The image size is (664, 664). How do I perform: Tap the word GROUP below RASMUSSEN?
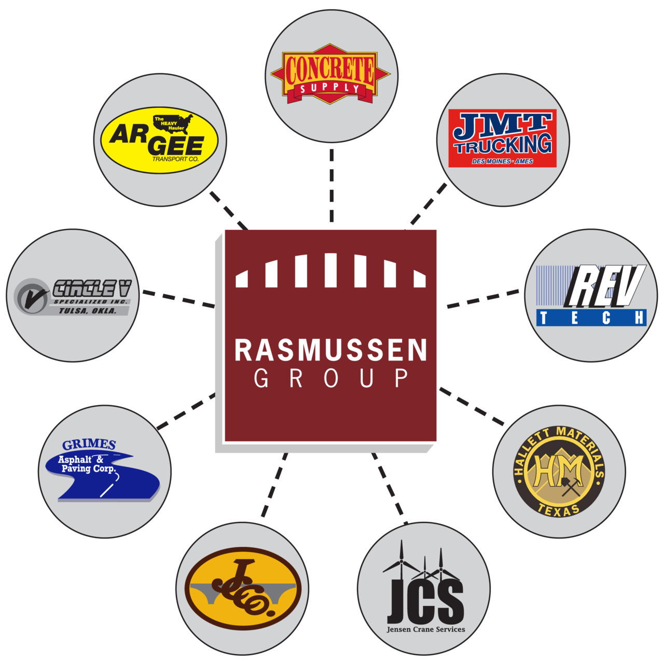coord(330,378)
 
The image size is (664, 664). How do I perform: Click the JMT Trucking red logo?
coord(502,138)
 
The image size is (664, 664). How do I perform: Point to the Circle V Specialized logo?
coord(73,296)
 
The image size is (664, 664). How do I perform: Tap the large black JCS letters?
coord(425,602)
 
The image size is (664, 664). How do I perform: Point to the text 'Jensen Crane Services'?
coord(426,629)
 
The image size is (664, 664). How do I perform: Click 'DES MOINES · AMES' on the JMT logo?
coord(502,161)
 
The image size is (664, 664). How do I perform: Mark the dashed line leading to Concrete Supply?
coord(331,186)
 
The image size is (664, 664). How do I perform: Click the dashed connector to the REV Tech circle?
coord(482,299)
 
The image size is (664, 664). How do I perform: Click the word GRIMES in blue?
coord(89,445)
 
